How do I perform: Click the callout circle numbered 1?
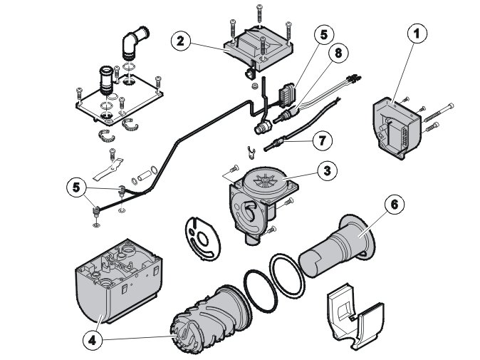[x=417, y=34]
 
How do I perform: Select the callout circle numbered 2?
[x=181, y=41]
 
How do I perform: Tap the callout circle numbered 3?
[x=328, y=170]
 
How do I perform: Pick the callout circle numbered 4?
[x=93, y=340]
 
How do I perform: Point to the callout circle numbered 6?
[x=395, y=204]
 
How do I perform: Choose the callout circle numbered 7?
[x=322, y=140]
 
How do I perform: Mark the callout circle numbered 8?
[x=338, y=53]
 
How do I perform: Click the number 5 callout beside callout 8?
[x=324, y=35]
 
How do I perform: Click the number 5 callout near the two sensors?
[x=76, y=187]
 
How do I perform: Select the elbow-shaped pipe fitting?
[x=133, y=42]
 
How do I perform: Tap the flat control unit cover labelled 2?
[x=259, y=49]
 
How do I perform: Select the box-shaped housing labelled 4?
[x=119, y=282]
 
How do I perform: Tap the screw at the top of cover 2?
[x=260, y=14]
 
